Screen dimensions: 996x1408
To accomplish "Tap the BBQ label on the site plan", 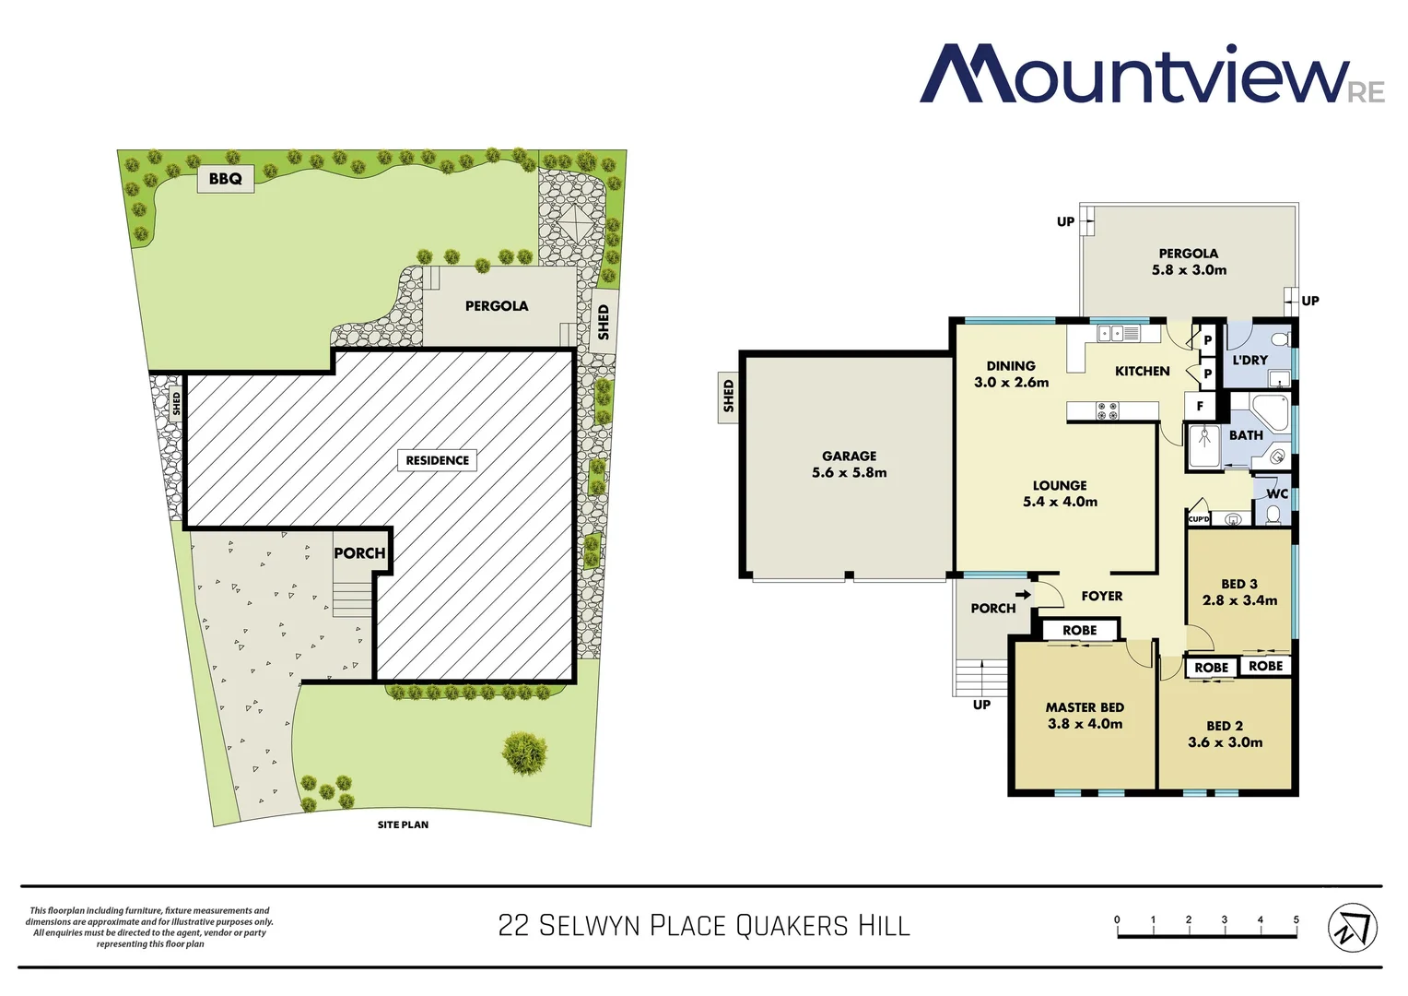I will pos(225,179).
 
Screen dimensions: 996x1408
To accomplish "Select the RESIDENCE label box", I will pos(437,460).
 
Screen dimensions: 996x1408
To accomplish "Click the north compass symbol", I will pos(1352,927).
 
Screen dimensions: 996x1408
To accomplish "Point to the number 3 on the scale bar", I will pos(1224,919).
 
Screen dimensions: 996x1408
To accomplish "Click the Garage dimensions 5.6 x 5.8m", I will pos(849,473).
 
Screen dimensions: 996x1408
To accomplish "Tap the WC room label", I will pos(1277,494).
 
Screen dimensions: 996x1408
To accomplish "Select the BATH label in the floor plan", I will pos(1246,435).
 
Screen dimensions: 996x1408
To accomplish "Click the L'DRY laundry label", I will pos(1250,361).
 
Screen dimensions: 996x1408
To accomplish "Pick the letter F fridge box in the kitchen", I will pos(1200,406).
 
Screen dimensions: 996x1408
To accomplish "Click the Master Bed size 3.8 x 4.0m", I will pos(1085,724).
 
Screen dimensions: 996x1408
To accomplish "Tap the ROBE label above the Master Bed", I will pos(1079,631).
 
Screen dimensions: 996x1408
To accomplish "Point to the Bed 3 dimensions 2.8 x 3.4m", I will pos(1239,600).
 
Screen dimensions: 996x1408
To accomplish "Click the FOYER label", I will pos(1101,597).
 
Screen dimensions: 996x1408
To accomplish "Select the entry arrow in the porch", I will pos(1023,595).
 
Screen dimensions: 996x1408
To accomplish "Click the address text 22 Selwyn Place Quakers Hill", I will pos(704,925).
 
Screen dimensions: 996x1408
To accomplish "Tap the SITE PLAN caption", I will pos(403,824).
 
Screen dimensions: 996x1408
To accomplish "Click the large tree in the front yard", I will pos(524,753).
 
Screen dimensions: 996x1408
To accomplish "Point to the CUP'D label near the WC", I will pos(1198,519).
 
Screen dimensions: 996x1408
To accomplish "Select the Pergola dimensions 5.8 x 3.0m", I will pos(1189,270).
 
